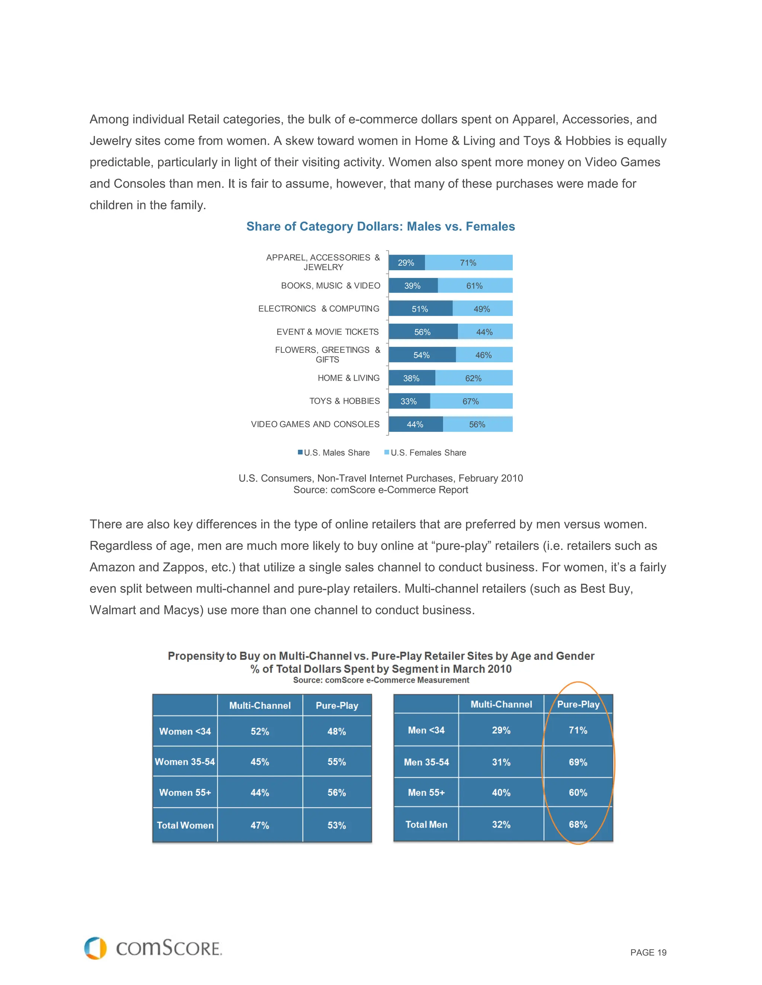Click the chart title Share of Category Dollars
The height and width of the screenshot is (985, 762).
pos(381,226)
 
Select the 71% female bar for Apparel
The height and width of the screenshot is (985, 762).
pos(468,262)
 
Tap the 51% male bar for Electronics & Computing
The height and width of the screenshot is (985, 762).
pos(420,309)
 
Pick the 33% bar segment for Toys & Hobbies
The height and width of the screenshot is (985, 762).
pos(409,401)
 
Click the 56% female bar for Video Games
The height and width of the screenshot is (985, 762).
pos(477,424)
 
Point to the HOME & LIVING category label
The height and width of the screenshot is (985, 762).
pos(349,378)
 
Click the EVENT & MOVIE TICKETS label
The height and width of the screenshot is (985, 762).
pos(327,332)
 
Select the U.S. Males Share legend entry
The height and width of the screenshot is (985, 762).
pos(334,452)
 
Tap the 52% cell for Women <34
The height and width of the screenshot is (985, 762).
pos(260,731)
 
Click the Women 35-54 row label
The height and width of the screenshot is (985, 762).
pos(185,762)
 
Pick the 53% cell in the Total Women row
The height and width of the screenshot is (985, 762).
pos(337,825)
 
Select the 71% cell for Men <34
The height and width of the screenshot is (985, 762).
pos(578,730)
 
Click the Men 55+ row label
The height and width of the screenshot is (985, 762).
pos(426,792)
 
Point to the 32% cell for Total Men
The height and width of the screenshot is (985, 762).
pos(501,824)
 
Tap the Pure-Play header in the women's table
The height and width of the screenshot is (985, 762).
pos(337,705)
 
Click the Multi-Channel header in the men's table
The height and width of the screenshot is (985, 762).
pos(501,704)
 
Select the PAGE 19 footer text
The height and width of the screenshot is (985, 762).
pos(648,953)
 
